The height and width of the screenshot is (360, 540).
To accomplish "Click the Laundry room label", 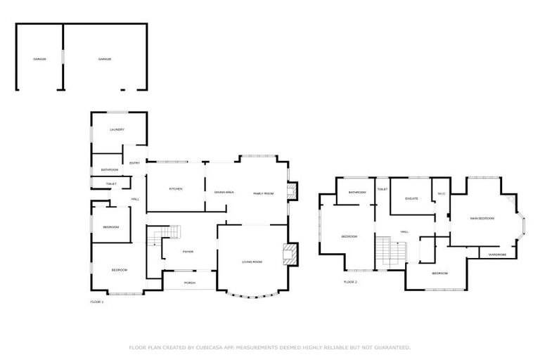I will (x=117, y=130).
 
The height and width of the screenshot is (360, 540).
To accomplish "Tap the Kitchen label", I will (x=175, y=189).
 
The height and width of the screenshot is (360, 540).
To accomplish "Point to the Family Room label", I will (x=263, y=193).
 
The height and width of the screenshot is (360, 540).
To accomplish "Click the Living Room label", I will (x=252, y=262).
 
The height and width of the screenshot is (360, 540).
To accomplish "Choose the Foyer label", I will (x=188, y=251).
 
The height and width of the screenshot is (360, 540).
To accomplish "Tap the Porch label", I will (x=189, y=283).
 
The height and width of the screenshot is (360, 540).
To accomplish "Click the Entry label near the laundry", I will (x=134, y=164).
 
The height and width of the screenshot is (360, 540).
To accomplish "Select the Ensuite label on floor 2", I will (x=411, y=198).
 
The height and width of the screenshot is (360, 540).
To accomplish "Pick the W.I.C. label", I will (x=442, y=194).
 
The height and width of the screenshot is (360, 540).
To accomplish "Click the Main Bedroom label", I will (x=482, y=219).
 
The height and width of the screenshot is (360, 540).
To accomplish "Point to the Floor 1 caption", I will (x=97, y=302).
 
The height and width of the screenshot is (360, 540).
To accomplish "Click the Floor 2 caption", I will (x=350, y=281).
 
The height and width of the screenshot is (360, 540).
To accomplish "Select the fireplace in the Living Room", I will (x=288, y=254).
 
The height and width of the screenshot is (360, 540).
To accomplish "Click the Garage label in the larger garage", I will (x=105, y=59).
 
